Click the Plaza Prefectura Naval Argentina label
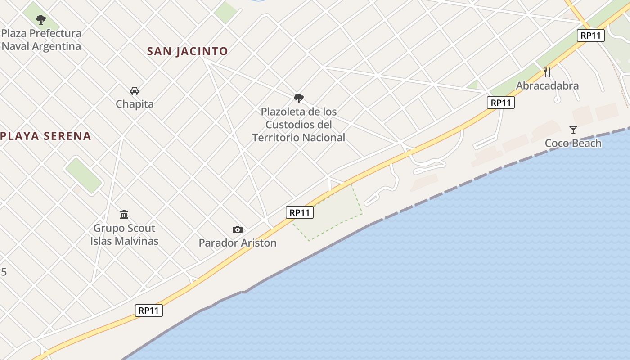pos(41,40)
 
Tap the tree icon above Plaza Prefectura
pos(41,20)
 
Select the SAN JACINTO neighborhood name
pos(187,51)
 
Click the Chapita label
pos(135,104)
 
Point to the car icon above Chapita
pos(135,91)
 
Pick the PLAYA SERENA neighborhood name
pos(46,136)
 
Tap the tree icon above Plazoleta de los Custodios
pos(298,99)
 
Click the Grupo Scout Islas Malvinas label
pos(124,234)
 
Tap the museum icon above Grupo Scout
pos(124,214)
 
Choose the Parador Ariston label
pos(238,243)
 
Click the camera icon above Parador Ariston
pos(238,230)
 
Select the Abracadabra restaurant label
pos(547,85)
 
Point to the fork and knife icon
pos(547,72)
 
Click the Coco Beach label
pos(573,143)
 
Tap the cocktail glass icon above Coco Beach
pos(573,130)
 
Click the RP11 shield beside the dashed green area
pos(300,212)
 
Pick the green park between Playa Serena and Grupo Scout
pos(84,175)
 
